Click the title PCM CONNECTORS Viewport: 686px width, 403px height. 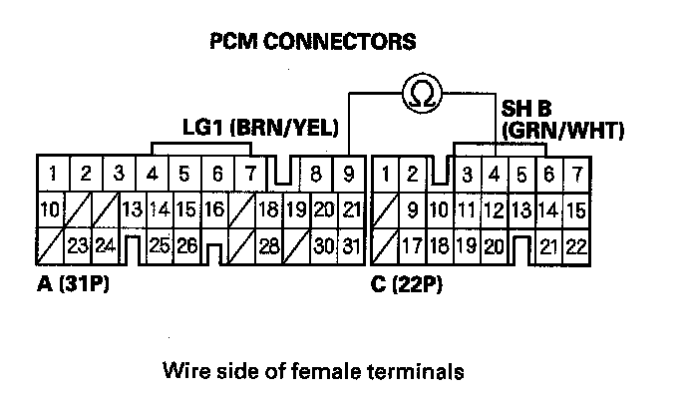[313, 42]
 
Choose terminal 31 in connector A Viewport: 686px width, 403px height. [349, 245]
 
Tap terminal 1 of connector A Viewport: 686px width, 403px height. [52, 173]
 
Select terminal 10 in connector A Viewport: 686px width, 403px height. [50, 209]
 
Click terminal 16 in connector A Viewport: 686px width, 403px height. [212, 209]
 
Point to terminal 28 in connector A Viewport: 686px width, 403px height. [267, 245]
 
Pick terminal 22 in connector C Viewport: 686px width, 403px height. [573, 245]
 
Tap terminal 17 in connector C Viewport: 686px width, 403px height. [412, 245]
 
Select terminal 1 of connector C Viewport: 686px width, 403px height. [386, 174]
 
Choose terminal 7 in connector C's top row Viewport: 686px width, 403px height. [574, 174]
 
